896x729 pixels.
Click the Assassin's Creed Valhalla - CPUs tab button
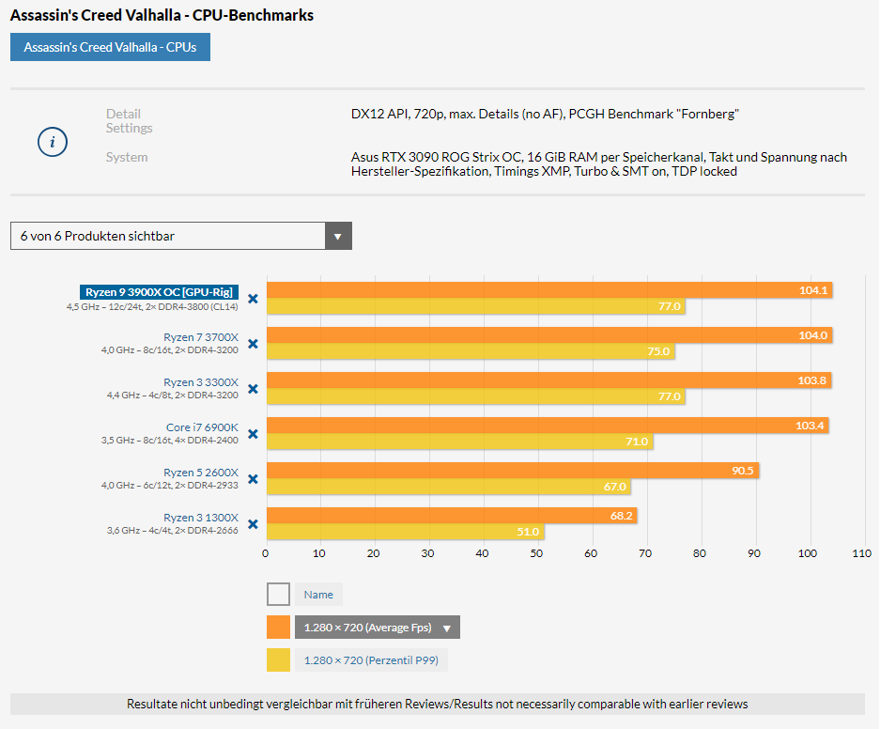(110, 47)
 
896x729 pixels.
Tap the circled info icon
(53, 142)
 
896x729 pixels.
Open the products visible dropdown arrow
(338, 236)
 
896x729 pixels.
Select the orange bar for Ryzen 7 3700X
(548, 335)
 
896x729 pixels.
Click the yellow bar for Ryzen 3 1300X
(405, 532)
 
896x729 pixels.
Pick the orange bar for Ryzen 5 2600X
(512, 471)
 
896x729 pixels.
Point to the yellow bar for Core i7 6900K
(459, 442)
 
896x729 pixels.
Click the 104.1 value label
(813, 290)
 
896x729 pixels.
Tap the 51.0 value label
(528, 532)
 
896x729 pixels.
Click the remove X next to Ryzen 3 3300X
(253, 388)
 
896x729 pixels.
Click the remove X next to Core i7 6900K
(253, 433)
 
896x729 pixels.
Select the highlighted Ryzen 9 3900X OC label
(158, 292)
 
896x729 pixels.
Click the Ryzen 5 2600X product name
(201, 473)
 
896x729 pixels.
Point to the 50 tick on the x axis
(536, 553)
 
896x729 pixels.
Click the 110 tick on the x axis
(861, 553)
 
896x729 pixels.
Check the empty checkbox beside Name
(278, 595)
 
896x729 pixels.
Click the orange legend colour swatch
(278, 628)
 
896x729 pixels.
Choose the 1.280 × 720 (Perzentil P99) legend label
(372, 660)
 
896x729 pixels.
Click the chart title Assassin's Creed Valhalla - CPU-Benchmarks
(162, 15)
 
